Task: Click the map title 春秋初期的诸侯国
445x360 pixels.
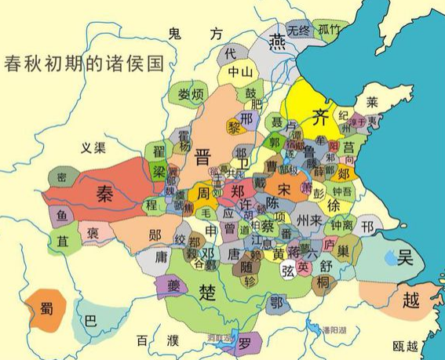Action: coord(82,64)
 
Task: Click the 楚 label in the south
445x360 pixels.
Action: coord(207,291)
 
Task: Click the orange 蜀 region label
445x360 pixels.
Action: coord(42,307)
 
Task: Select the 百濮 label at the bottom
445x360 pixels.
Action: coord(157,340)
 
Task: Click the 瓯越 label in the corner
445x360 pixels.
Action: coord(406,345)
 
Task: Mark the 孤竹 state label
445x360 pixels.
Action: coord(330,30)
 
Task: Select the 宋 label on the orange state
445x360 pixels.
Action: coord(284,189)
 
